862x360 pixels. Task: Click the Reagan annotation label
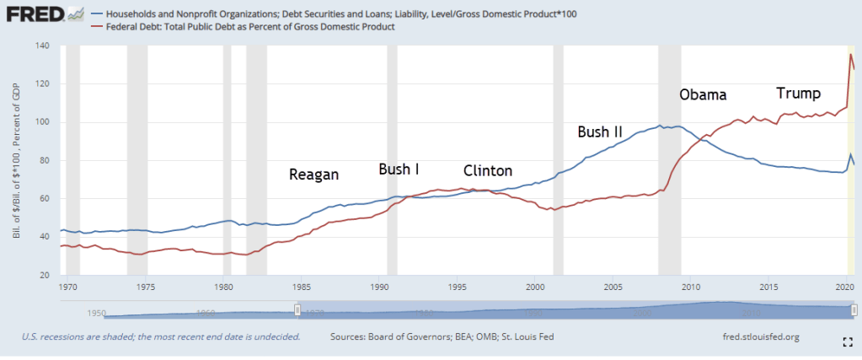(313, 175)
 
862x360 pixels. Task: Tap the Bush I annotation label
(399, 169)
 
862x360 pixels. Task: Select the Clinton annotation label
(488, 170)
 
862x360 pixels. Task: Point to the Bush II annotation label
(600, 132)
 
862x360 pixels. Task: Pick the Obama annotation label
(702, 94)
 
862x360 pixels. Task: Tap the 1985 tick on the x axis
(301, 286)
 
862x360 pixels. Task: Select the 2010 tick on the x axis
(689, 286)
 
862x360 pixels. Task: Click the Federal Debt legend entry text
(249, 28)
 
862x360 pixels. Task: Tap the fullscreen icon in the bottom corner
(849, 341)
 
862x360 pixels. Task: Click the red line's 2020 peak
(849, 55)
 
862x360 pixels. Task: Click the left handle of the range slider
(297, 310)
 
